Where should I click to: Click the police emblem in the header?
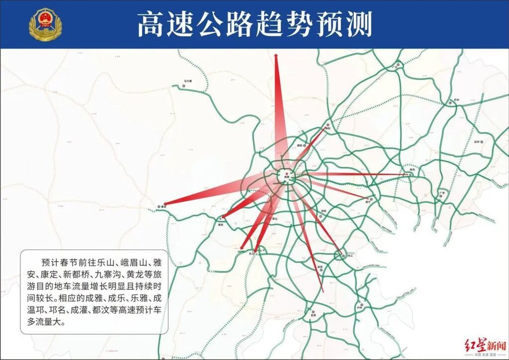coord(44,24)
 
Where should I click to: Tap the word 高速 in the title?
coord(158,24)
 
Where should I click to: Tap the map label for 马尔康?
coord(187,81)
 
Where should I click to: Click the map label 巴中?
coord(456,100)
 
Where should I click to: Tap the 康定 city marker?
coord(159,205)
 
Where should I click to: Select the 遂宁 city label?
coord(369,202)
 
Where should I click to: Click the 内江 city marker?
coord(341,256)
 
